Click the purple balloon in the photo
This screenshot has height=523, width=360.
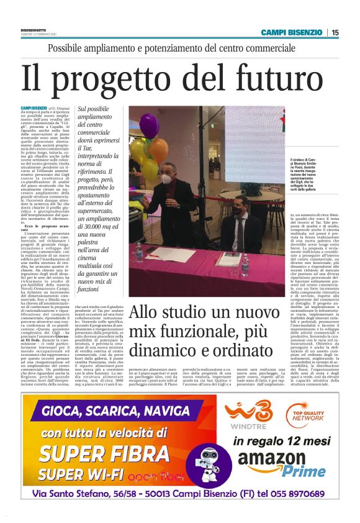[x=149, y=124]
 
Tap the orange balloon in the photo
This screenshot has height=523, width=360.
[x=159, y=150]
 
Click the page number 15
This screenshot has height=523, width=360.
[x=335, y=32]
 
